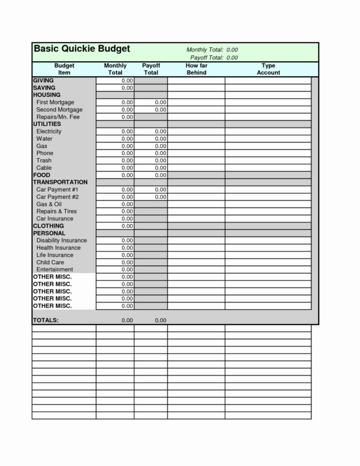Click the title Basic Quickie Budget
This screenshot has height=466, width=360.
[x=81, y=49]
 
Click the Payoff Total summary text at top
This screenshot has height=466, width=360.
[x=214, y=58]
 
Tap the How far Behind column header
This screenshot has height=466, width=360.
[x=196, y=68]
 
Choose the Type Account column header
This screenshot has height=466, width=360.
[x=268, y=68]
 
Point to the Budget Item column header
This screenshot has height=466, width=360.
[x=64, y=68]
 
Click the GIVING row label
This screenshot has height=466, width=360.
[x=44, y=80]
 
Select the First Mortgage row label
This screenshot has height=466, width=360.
[x=55, y=102]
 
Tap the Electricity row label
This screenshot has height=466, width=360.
[x=49, y=131]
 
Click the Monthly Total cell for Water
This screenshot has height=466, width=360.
[x=115, y=139]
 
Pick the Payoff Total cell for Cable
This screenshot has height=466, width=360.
[x=151, y=168]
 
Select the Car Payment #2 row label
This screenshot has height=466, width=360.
[x=58, y=197]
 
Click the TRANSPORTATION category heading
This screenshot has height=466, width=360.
[x=60, y=182]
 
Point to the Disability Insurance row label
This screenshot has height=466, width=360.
[x=62, y=240]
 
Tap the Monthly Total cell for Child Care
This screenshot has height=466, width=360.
[x=115, y=262]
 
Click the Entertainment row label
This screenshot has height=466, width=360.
[x=55, y=270]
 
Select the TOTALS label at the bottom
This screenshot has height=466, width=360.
[x=46, y=320]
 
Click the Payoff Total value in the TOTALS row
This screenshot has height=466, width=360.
[x=160, y=320]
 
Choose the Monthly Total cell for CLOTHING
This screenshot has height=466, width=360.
[x=115, y=226]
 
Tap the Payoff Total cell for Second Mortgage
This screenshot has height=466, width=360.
[x=151, y=110]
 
